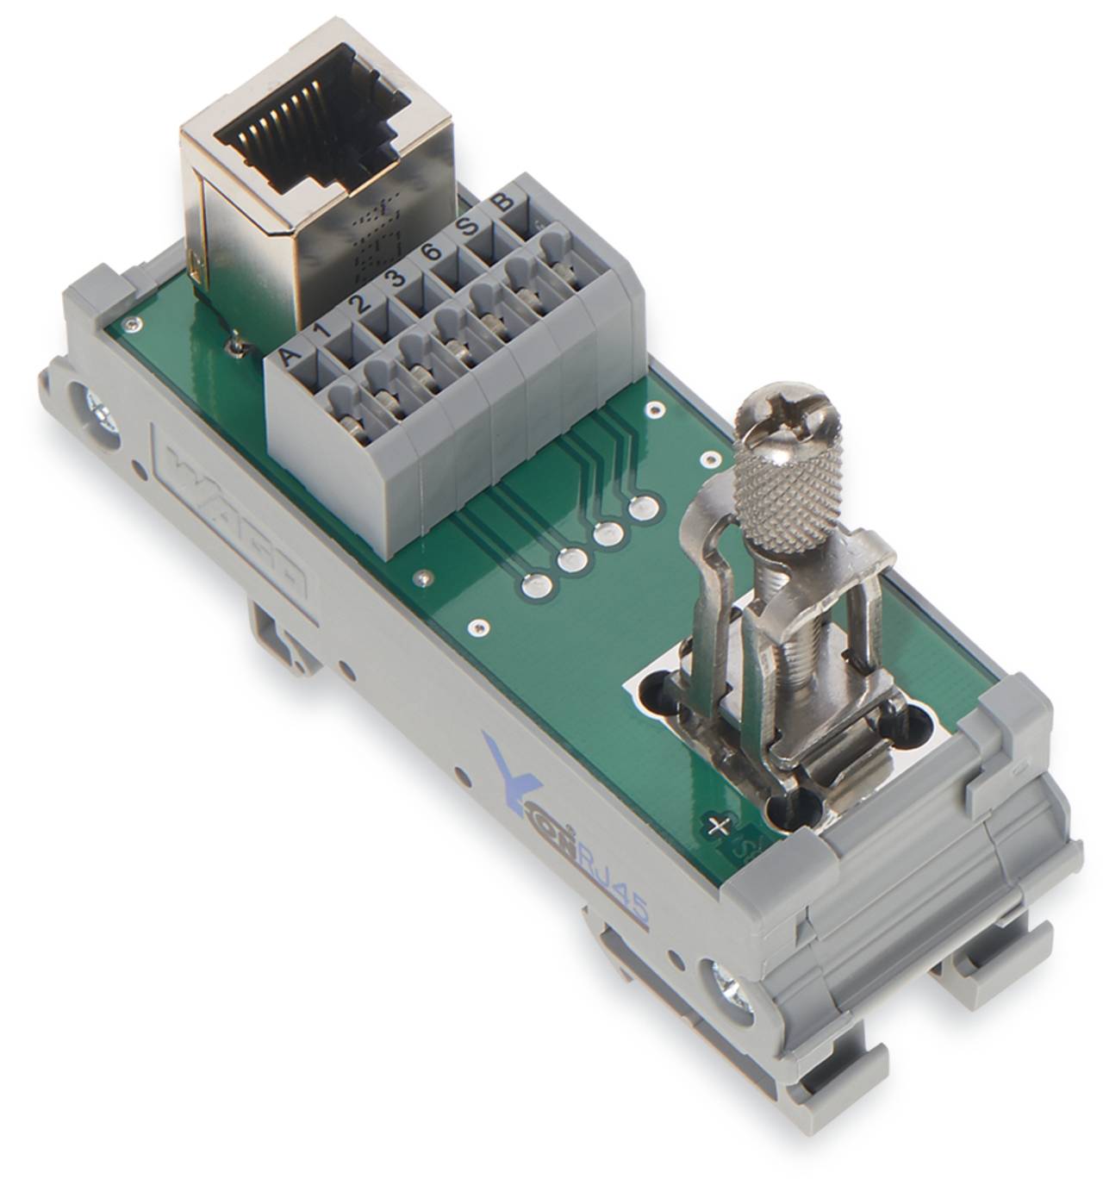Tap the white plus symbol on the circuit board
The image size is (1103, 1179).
(x=714, y=827)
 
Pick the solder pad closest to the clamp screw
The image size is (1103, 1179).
(x=641, y=509)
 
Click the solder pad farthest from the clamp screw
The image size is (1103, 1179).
(x=533, y=587)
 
